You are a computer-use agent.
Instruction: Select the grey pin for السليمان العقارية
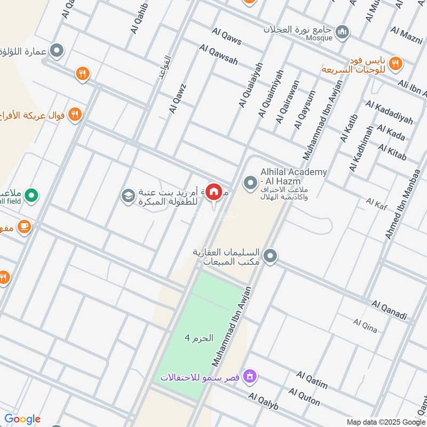pos(271,256)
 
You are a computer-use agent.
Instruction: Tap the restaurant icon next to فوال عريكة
pos(75,114)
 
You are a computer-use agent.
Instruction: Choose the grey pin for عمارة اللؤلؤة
pos(57,51)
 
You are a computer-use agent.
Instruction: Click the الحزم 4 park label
pos(199,338)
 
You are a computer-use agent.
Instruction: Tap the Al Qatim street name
pos(312,381)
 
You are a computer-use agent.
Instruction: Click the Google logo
pos(22,419)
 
